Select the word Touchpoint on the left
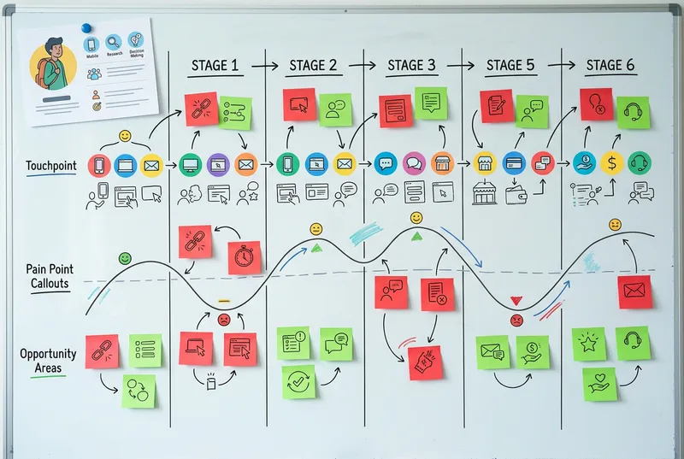51,166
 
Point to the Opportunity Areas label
49,360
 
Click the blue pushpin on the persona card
86,28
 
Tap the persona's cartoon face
53,62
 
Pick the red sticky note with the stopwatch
245,257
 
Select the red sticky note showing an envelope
634,291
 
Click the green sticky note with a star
589,344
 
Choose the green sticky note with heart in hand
600,384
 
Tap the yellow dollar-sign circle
612,162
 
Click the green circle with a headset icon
639,162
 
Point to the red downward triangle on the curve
516,301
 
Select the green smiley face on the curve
125,257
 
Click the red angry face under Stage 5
516,320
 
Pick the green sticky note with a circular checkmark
298,381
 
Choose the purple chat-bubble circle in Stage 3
414,162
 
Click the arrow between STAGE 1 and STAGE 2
266,65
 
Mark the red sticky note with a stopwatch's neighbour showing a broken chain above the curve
195,241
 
